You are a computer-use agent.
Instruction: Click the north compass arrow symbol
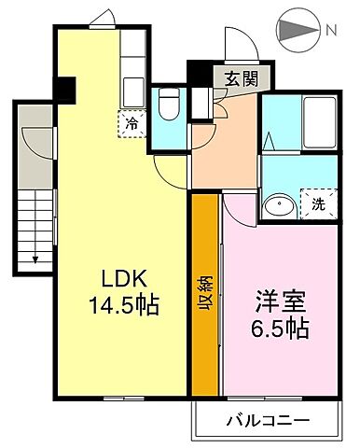click(299, 30)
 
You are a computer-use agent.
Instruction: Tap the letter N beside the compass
click(331, 30)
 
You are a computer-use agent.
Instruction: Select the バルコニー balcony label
click(267, 421)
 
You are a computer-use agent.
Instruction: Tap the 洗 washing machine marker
click(317, 204)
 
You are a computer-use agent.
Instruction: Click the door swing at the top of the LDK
click(102, 20)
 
